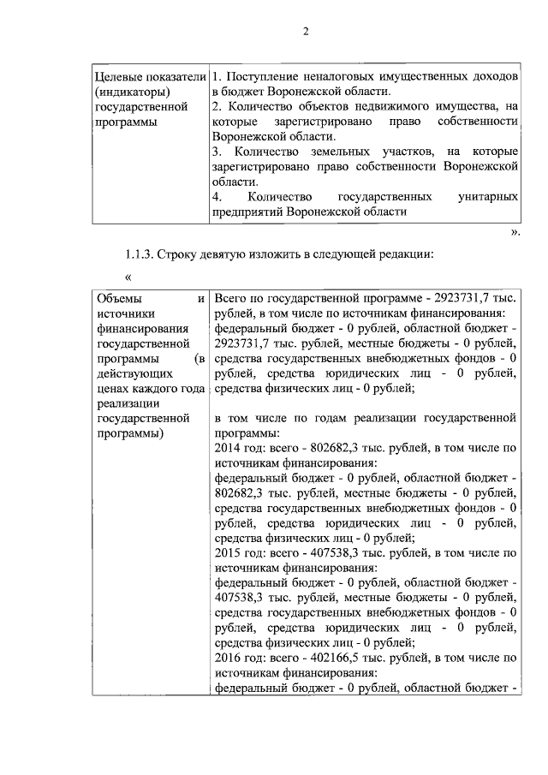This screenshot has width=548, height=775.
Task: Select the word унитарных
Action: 489,197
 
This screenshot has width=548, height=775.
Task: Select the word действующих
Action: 130,373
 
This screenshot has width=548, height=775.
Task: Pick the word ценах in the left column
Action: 113,389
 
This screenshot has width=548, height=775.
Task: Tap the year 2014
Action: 226,448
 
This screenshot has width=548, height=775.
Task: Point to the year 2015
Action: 226,552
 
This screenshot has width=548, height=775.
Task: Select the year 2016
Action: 226,658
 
